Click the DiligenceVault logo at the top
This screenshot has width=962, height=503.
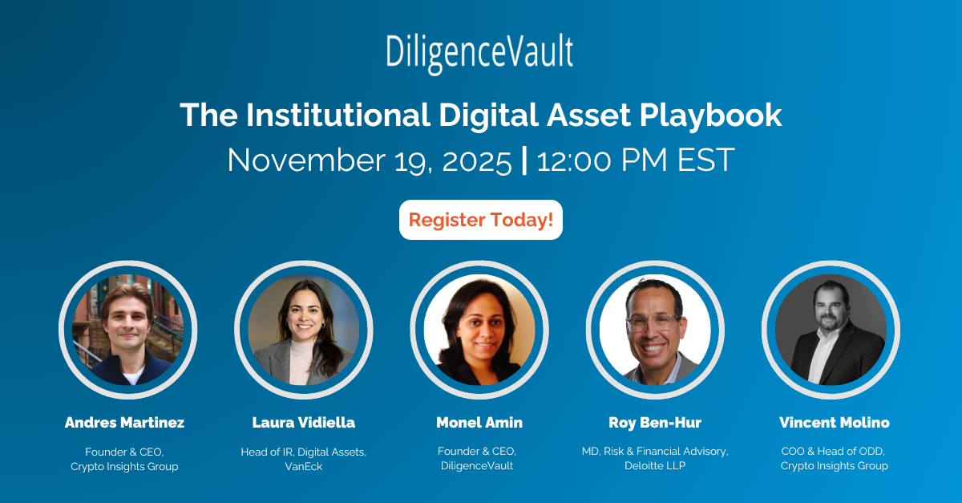[479, 53]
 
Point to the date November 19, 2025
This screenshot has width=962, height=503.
[370, 160]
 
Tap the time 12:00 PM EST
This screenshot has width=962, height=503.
[636, 160]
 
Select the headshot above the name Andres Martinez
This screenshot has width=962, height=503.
[128, 330]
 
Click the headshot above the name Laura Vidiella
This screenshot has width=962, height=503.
[304, 330]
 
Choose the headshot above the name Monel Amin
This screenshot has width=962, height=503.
[479, 330]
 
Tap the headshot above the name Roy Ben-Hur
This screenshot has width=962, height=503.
[655, 330]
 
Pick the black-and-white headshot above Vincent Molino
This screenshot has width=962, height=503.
[831, 330]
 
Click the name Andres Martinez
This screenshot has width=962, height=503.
[124, 423]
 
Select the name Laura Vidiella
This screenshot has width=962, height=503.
[304, 423]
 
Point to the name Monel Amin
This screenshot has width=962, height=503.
[479, 423]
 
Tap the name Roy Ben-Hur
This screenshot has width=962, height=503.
[655, 423]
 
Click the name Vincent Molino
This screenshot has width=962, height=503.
[835, 423]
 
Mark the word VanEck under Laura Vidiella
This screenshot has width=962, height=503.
[304, 466]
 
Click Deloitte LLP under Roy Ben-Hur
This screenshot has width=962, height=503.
[655, 466]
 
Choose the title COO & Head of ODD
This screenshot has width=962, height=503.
[835, 452]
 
